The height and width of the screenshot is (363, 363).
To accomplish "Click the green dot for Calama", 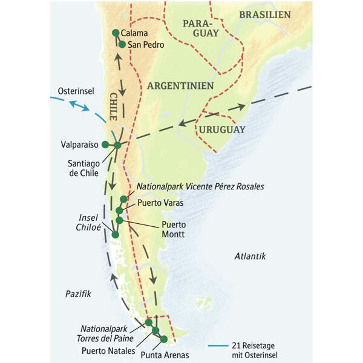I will click(x=116, y=33).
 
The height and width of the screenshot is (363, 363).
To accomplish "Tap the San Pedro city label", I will click(x=145, y=44).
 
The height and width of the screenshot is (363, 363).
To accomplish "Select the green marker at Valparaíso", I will click(x=105, y=144).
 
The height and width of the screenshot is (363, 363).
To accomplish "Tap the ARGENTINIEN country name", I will click(x=182, y=85).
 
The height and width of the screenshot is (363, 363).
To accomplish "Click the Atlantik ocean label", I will click(x=250, y=257).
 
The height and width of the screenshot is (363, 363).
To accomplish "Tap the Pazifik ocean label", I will click(x=78, y=293).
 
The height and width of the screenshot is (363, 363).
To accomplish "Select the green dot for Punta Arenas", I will click(x=162, y=338).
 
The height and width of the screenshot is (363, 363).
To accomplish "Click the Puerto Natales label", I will click(x=108, y=349).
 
